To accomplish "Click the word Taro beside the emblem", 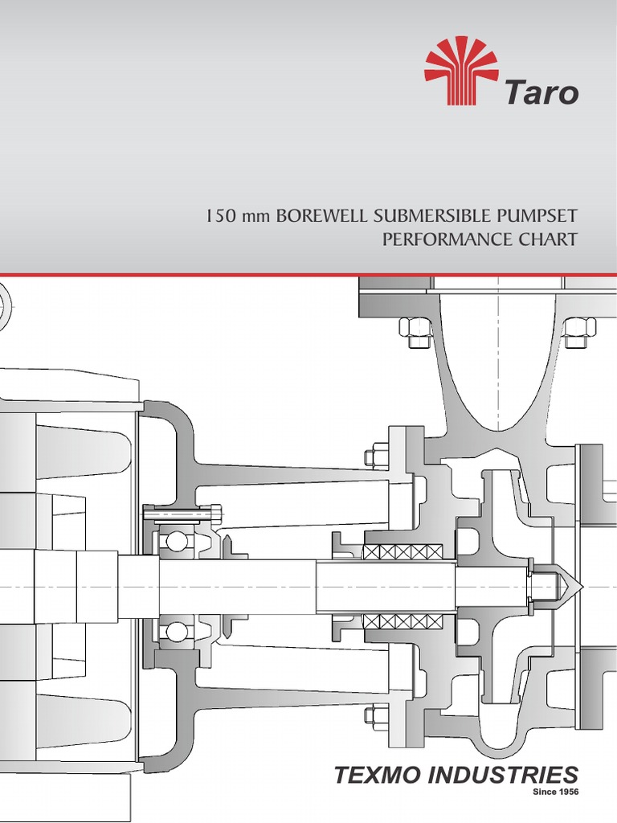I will click(x=541, y=92).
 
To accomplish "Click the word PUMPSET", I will click(x=538, y=217).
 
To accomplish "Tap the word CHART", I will click(x=546, y=240).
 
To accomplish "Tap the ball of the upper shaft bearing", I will click(x=174, y=542).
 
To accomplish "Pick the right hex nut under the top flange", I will click(x=578, y=331).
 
